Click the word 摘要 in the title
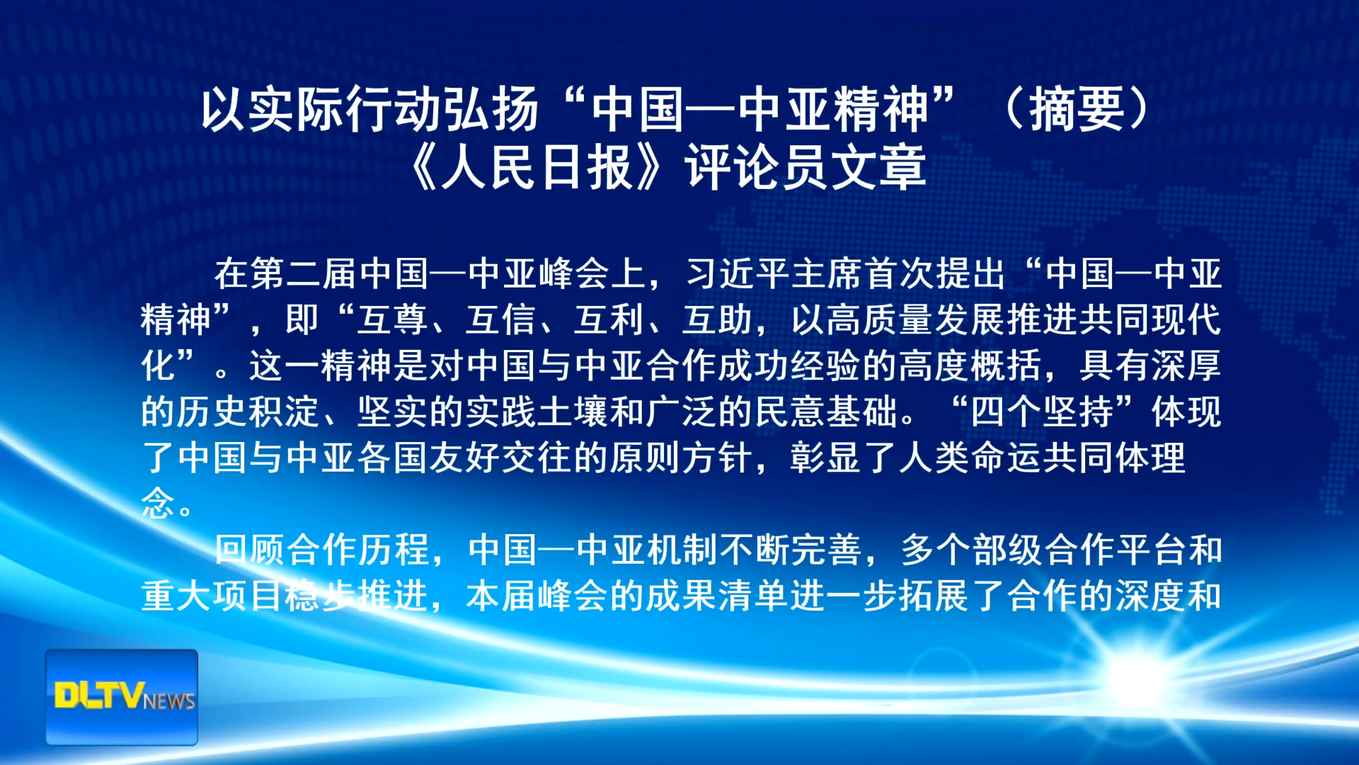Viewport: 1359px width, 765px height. (x=1077, y=110)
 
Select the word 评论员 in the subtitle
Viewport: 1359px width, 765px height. (x=757, y=168)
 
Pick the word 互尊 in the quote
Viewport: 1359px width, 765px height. (x=392, y=320)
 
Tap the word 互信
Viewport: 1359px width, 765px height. (x=500, y=320)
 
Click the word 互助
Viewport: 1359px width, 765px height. (x=717, y=320)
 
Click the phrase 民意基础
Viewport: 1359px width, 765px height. (x=826, y=412)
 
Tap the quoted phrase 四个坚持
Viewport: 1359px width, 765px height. (x=1043, y=412)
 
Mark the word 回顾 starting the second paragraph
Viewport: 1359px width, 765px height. (x=250, y=550)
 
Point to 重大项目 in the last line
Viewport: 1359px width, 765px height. (x=212, y=596)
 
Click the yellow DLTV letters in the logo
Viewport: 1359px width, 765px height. (x=100, y=696)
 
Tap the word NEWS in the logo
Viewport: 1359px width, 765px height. (x=169, y=701)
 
